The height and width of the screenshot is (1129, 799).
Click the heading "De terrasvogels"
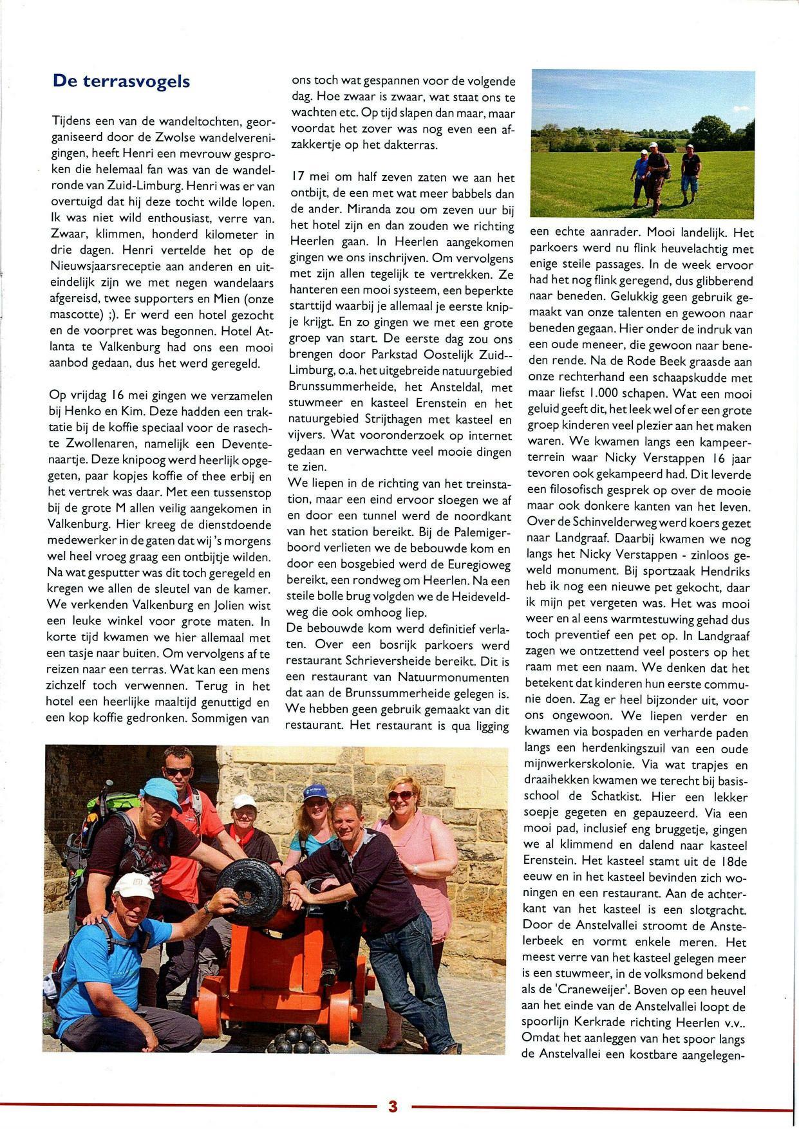[x=121, y=81]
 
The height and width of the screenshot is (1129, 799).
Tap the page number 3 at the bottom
[x=393, y=1107]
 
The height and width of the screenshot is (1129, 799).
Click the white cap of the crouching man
[x=134, y=886]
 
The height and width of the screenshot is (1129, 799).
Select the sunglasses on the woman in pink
[x=400, y=796]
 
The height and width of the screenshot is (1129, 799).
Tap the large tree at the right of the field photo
[x=710, y=132]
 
